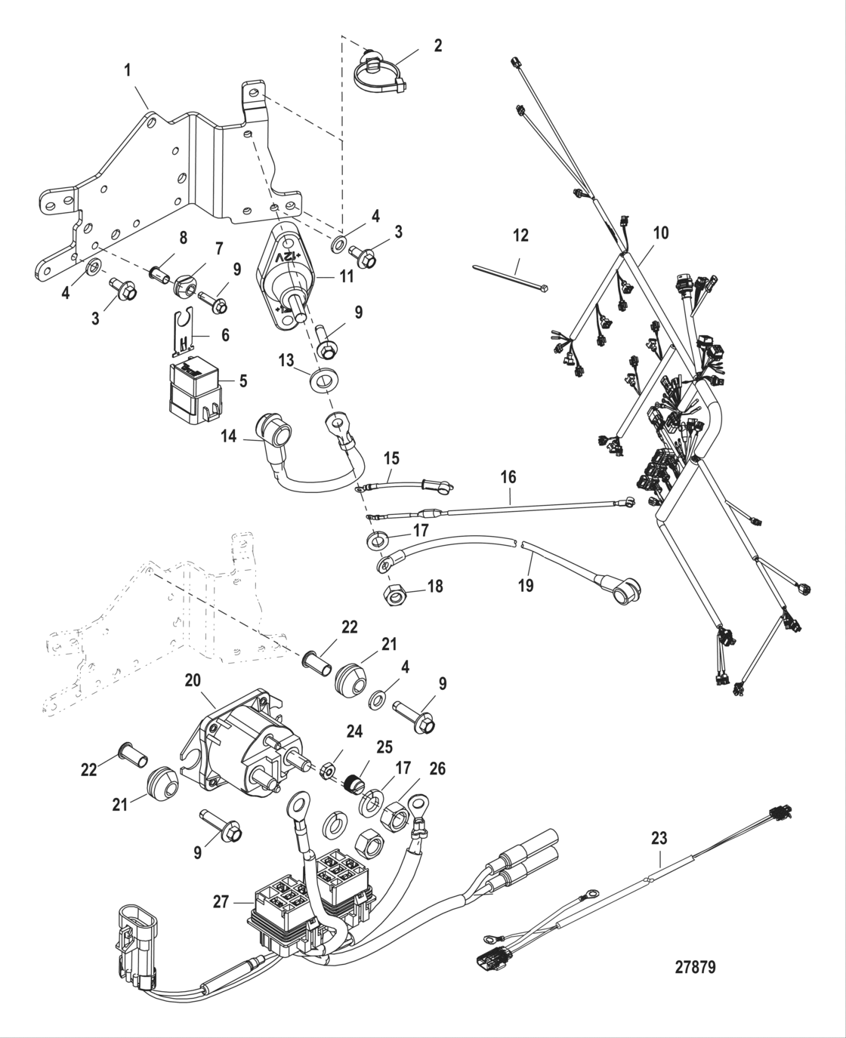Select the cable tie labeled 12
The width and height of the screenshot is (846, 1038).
click(x=510, y=280)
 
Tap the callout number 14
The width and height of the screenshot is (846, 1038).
click(x=229, y=436)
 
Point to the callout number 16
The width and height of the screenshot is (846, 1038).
click(x=508, y=476)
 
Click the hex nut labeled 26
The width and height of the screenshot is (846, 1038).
click(x=394, y=815)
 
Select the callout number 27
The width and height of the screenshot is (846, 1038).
click(x=221, y=901)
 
